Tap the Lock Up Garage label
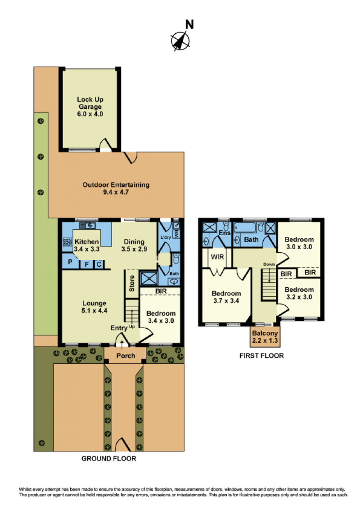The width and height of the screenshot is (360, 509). click(x=90, y=107)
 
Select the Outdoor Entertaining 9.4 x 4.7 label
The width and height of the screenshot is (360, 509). click(x=116, y=188)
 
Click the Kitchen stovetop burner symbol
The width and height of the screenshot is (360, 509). click(x=67, y=242)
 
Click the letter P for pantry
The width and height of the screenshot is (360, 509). click(x=70, y=262)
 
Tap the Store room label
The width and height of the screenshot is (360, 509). click(x=131, y=283)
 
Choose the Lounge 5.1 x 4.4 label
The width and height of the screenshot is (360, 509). click(x=94, y=307)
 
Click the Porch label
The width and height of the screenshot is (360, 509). click(x=126, y=356)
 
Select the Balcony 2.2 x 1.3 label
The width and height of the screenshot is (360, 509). click(x=265, y=337)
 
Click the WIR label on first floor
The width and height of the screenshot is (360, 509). click(x=217, y=257)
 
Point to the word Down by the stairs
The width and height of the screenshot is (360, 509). click(x=269, y=264)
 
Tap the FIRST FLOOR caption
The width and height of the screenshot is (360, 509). click(x=261, y=356)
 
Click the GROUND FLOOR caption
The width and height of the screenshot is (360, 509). click(x=109, y=459)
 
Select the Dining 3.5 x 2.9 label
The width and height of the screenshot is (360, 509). click(x=134, y=246)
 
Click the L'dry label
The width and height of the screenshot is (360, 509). click(x=166, y=237)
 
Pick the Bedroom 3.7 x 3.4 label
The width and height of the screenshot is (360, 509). click(x=226, y=297)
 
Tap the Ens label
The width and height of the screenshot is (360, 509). click(x=225, y=233)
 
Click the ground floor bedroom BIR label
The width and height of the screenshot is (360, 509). click(x=161, y=291)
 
